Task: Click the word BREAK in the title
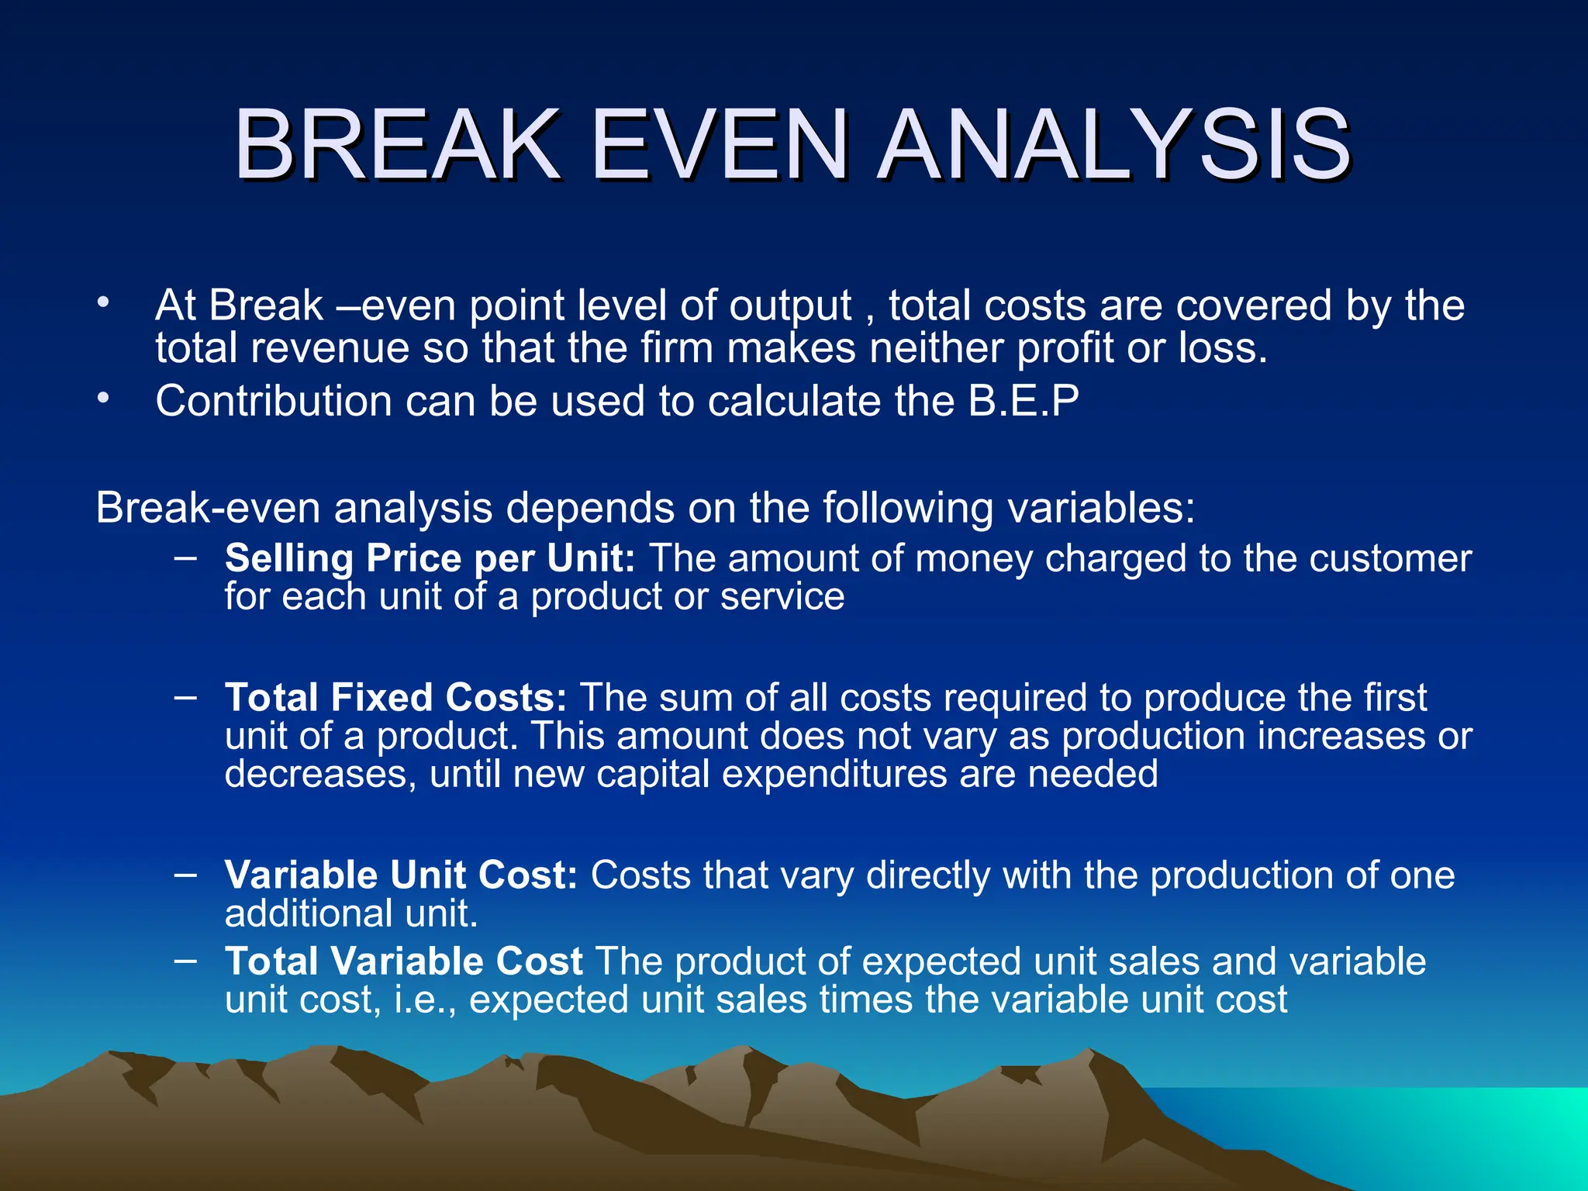click(x=397, y=145)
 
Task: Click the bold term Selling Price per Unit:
click(x=430, y=558)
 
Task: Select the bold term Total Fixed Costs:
click(x=395, y=698)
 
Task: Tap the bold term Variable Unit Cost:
click(x=401, y=875)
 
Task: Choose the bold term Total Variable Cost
click(x=403, y=961)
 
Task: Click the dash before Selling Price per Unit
click(x=185, y=555)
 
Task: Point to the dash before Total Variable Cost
click(x=185, y=959)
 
